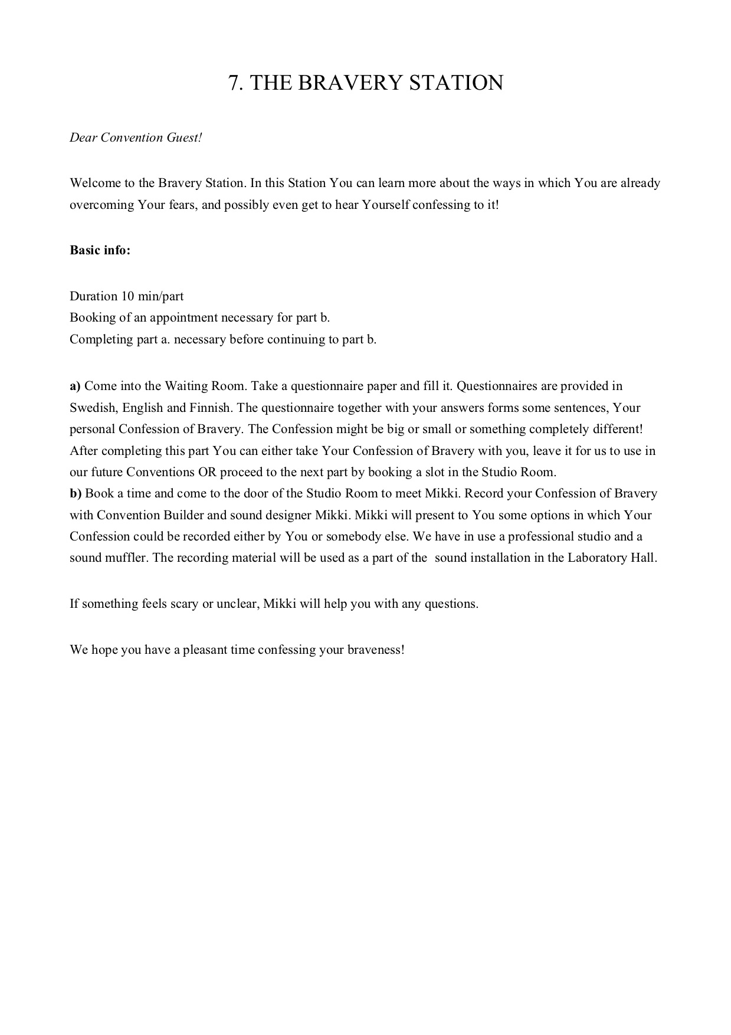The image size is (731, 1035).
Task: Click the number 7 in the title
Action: coord(234,83)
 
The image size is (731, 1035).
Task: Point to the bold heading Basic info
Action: coord(100,250)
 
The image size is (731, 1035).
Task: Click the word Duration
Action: coord(93,296)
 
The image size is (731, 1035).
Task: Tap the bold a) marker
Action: coord(75,387)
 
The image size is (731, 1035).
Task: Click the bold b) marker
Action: coord(76,493)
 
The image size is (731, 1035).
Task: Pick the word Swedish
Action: coord(93,408)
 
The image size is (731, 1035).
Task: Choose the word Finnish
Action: coord(209,408)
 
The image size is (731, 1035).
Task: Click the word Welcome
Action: coord(95,183)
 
